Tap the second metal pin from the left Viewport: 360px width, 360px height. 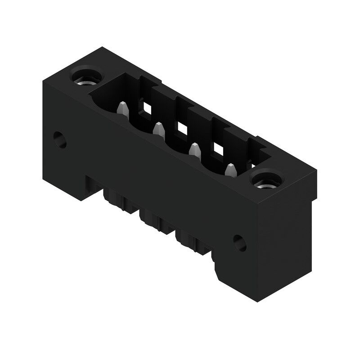point(158,130)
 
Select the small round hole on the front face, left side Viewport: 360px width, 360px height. point(59,140)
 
